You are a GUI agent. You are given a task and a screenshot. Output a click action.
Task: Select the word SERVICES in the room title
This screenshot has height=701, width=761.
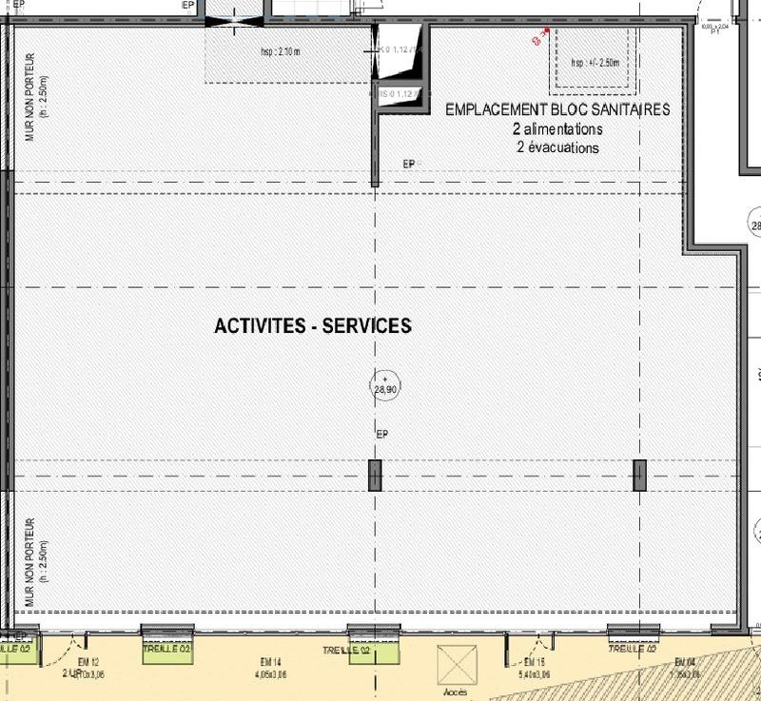pyautogui.click(x=367, y=325)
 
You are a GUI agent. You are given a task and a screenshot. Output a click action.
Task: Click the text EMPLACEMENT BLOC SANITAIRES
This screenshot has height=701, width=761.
pyautogui.click(x=557, y=110)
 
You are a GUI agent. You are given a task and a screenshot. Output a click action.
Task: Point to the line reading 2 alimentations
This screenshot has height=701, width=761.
pyautogui.click(x=557, y=129)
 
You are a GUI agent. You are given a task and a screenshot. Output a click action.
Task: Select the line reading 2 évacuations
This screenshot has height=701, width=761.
pyautogui.click(x=557, y=147)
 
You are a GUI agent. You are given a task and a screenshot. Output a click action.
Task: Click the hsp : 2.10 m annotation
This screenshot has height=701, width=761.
pyautogui.click(x=281, y=52)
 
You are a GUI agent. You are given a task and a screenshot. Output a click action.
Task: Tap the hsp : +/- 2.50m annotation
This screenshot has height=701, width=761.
pyautogui.click(x=595, y=63)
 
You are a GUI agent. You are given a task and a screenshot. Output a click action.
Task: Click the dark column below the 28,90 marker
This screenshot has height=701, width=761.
pyautogui.click(x=375, y=476)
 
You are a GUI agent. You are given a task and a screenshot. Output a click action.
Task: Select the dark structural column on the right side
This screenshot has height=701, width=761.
pyautogui.click(x=639, y=476)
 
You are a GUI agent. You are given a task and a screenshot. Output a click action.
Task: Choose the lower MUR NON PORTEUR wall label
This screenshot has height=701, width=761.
pyautogui.click(x=29, y=563)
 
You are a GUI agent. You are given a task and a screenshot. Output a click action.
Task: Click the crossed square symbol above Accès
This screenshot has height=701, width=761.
pyautogui.click(x=455, y=663)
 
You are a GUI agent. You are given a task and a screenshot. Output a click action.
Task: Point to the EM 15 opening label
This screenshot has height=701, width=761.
pyautogui.click(x=534, y=662)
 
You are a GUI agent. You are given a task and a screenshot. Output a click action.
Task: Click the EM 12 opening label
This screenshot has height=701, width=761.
pyautogui.click(x=88, y=662)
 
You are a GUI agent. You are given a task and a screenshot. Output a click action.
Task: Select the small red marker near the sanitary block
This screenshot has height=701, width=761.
pyautogui.click(x=538, y=38)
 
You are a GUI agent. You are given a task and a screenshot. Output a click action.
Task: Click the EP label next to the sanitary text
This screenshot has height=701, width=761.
pyautogui.click(x=409, y=165)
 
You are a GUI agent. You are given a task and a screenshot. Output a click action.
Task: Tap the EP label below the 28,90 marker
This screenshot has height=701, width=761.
pyautogui.click(x=383, y=435)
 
